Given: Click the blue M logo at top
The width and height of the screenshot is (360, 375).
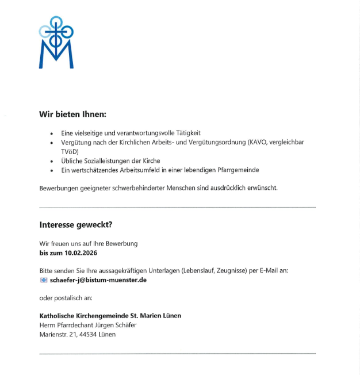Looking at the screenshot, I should [56, 43].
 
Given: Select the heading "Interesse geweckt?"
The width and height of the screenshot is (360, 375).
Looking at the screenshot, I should [75, 224].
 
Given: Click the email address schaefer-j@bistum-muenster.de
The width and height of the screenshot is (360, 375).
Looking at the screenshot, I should [98, 280].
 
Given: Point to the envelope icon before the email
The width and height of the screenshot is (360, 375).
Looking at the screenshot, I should [44, 280].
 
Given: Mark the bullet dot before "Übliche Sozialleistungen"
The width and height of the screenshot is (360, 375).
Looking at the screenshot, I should [52, 161].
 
